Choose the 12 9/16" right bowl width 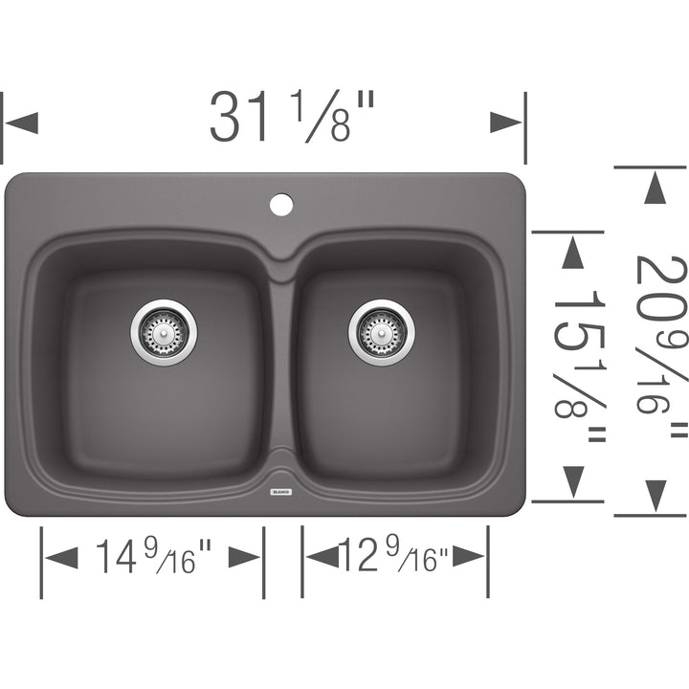pos(395,557)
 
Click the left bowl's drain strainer pos(164,332)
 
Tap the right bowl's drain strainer pos(381,332)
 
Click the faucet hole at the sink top pos(280,204)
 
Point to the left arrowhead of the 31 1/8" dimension pos(22,122)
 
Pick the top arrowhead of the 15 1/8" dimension pos(573,252)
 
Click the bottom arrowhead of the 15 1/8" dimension pos(573,480)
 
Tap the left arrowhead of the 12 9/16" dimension pos(322,557)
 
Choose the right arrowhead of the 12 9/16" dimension pos(469,557)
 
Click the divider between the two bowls pos(280,364)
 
